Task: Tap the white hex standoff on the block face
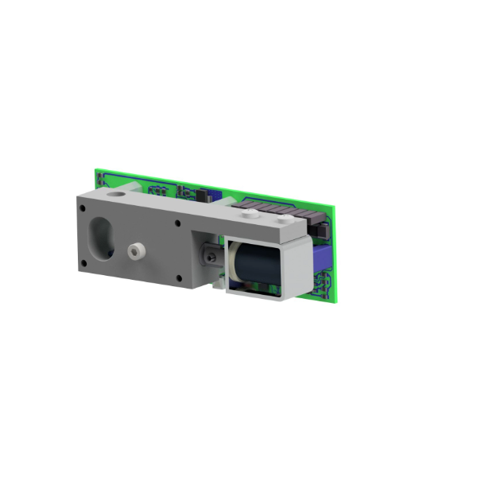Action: [x=134, y=252]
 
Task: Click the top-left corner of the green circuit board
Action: [x=97, y=169]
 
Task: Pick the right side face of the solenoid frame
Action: [x=296, y=270]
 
